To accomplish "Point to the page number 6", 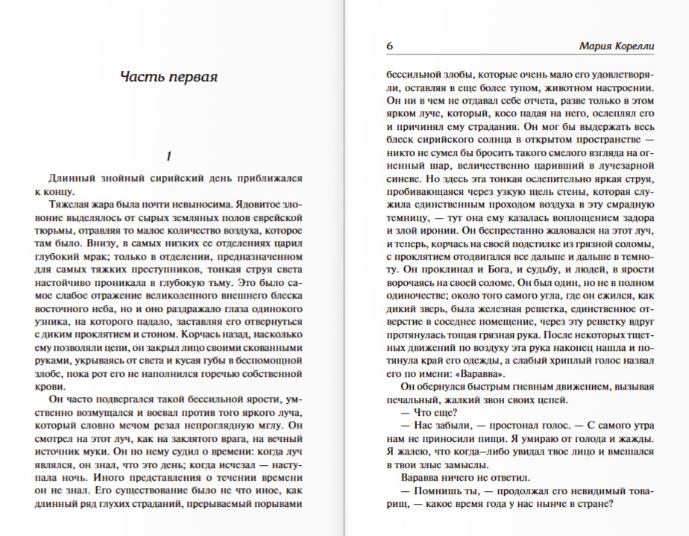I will click(390, 46).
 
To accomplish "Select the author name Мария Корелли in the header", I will click(617, 46).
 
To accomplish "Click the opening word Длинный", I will click(72, 178).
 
